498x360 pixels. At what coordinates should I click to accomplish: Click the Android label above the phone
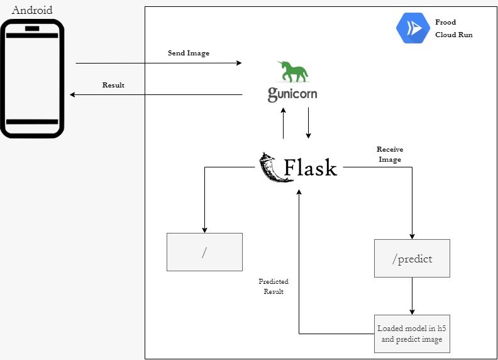click(x=33, y=10)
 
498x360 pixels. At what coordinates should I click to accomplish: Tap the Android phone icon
click(x=33, y=78)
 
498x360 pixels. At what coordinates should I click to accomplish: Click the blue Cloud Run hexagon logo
click(x=412, y=28)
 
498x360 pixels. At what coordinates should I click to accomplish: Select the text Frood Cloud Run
click(x=453, y=29)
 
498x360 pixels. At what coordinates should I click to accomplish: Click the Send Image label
click(x=188, y=53)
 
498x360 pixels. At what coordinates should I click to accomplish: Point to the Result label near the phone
click(x=113, y=85)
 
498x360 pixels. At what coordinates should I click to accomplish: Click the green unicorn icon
click(x=294, y=72)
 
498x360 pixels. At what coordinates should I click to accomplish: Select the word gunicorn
click(x=292, y=94)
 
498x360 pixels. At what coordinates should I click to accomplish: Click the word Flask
click(x=310, y=168)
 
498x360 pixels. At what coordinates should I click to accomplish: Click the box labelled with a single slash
click(x=204, y=252)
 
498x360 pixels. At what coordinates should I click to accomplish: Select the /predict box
click(x=412, y=259)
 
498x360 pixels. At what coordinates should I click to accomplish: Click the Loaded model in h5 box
click(x=412, y=334)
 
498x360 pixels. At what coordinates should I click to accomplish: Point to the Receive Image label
click(x=390, y=154)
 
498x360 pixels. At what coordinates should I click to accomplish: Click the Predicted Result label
click(x=274, y=286)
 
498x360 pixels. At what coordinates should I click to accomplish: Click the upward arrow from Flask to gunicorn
click(x=284, y=123)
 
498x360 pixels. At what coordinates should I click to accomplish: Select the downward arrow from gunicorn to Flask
click(x=308, y=123)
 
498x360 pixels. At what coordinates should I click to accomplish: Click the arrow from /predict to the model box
click(x=412, y=296)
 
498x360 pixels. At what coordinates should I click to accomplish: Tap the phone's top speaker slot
click(x=33, y=28)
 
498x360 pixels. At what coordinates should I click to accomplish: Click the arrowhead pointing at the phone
click(x=72, y=94)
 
